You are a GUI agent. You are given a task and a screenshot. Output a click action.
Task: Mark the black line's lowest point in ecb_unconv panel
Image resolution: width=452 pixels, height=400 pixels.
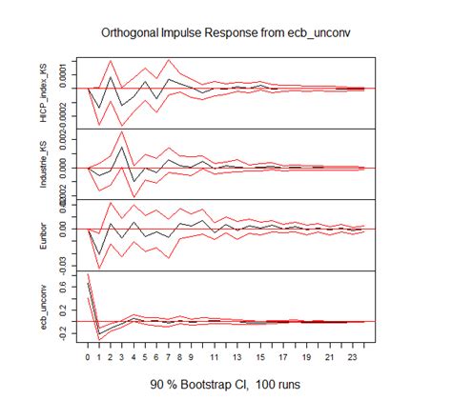click(x=100, y=333)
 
